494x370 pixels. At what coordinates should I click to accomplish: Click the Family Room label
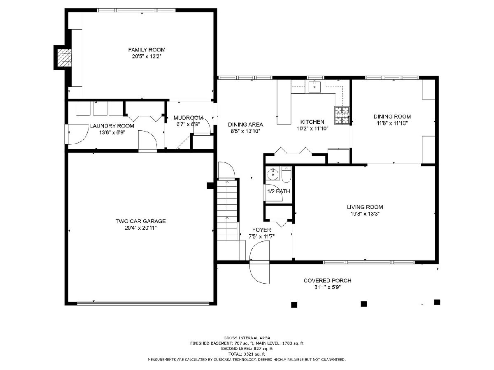[x=147, y=50]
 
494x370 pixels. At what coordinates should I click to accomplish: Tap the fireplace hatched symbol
[x=64, y=58]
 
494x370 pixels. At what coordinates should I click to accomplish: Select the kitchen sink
[x=315, y=87]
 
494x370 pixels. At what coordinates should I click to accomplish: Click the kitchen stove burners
[x=342, y=115]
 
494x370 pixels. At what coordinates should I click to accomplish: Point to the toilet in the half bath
[x=286, y=174]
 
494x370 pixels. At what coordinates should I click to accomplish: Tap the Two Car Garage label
[x=141, y=221]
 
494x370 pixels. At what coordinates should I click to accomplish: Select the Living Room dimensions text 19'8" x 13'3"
[x=365, y=214]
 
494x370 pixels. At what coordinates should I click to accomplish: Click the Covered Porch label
[x=327, y=281]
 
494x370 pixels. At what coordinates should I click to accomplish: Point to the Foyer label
[x=261, y=230]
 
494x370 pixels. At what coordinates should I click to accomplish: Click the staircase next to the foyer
[x=227, y=210]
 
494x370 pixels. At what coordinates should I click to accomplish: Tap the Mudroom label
[x=188, y=118]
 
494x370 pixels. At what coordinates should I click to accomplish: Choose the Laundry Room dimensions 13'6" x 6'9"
[x=112, y=132]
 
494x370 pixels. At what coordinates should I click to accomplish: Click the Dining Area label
[x=245, y=125]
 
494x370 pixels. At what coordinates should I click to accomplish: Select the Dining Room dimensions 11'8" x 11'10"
[x=392, y=123]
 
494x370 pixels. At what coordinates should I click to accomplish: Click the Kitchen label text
[x=312, y=122]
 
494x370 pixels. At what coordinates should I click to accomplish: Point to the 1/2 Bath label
[x=279, y=192]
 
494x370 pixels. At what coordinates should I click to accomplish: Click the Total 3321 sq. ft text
[x=247, y=354]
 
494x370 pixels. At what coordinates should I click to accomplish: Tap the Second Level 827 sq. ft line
[x=247, y=349]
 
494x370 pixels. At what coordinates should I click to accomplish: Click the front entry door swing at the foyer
[x=259, y=262]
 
